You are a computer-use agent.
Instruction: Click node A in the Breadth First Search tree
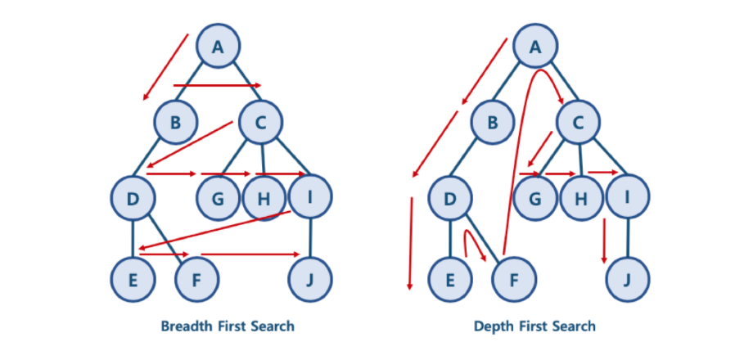tap(218, 47)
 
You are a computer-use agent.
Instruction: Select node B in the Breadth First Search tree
tap(176, 123)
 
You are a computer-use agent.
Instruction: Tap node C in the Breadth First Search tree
tap(260, 123)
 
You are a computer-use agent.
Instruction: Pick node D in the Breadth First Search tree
tap(133, 198)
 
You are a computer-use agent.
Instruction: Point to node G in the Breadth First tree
tap(217, 198)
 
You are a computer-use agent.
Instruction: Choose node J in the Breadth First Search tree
tap(310, 278)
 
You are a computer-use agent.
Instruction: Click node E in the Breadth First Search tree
tap(133, 278)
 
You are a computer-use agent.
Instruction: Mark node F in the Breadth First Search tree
tap(197, 278)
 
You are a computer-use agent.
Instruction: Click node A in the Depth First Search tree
tap(536, 47)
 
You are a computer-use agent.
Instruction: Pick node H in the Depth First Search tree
tap(581, 198)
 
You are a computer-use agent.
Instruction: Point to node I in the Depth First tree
tap(628, 198)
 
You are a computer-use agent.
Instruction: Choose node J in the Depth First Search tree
tap(628, 278)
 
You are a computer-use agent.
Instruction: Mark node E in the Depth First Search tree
tap(450, 278)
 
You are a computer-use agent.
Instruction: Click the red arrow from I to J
tap(605, 240)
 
